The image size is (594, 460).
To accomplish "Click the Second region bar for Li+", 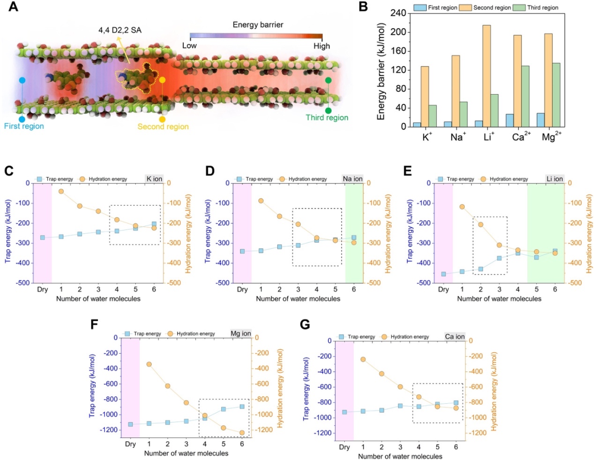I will point(486,76).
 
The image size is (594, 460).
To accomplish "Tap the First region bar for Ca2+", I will point(510,121).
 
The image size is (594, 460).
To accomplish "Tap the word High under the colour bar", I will point(322,46).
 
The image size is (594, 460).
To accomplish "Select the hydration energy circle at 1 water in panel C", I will point(61,191).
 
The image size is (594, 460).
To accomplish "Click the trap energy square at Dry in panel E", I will point(443,274).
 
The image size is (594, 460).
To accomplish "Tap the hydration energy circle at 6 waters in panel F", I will point(241,432).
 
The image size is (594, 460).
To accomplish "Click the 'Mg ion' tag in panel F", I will point(241,333).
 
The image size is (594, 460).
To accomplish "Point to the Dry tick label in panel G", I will point(344,447).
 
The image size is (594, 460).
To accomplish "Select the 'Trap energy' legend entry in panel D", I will point(258,179).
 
